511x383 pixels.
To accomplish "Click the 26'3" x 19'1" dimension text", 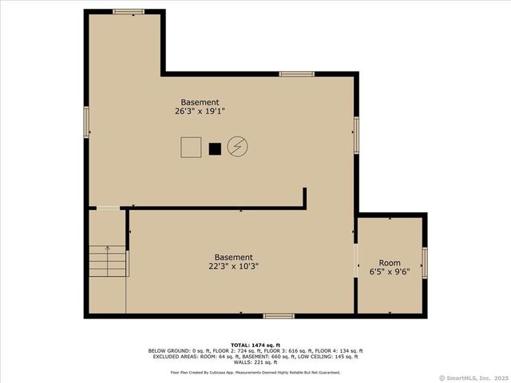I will (x=200, y=112).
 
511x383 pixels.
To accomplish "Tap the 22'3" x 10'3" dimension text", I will (x=234, y=267).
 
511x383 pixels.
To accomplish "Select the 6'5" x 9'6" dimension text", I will (x=390, y=272).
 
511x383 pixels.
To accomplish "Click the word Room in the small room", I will (x=390, y=263).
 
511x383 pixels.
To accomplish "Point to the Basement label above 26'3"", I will (x=200, y=102).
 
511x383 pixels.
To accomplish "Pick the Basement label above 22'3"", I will (x=234, y=257).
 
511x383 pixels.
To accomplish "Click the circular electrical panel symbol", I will (x=237, y=147).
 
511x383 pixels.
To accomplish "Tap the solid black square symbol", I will (x=214, y=148).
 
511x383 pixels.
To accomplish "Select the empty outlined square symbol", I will (x=191, y=148).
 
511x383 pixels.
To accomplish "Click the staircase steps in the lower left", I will (x=107, y=260).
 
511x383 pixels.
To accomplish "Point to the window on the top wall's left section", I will (x=128, y=11).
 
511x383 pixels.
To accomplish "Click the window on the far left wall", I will (x=86, y=121).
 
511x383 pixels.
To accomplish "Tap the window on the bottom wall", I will (x=279, y=316).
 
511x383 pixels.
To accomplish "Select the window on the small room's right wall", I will (x=425, y=263).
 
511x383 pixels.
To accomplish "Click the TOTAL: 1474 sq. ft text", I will (x=255, y=345).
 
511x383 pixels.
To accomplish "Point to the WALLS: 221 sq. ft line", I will (x=255, y=362).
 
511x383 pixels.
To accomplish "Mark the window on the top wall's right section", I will (x=296, y=74).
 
